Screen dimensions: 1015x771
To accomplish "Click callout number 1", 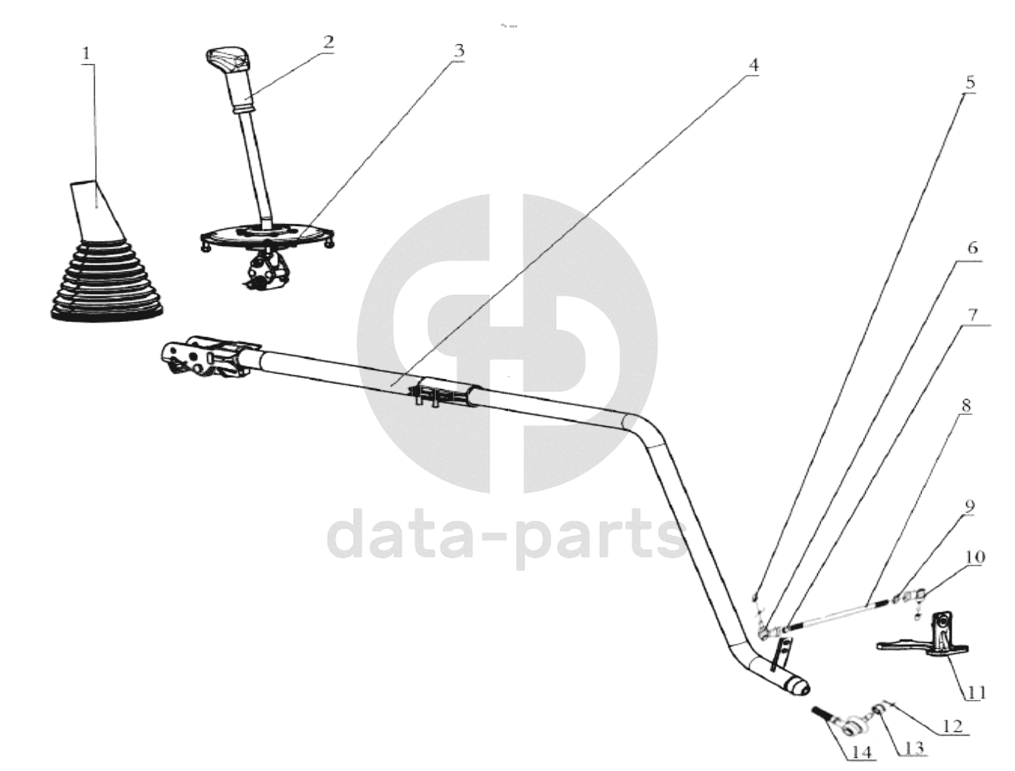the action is (86, 53).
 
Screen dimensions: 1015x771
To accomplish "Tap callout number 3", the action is (458, 51).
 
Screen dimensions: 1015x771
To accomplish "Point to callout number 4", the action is (753, 65).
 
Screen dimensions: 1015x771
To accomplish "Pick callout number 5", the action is (969, 82).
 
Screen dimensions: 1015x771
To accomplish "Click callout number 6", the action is (971, 248).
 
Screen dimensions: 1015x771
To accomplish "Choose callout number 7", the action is (971, 314).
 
